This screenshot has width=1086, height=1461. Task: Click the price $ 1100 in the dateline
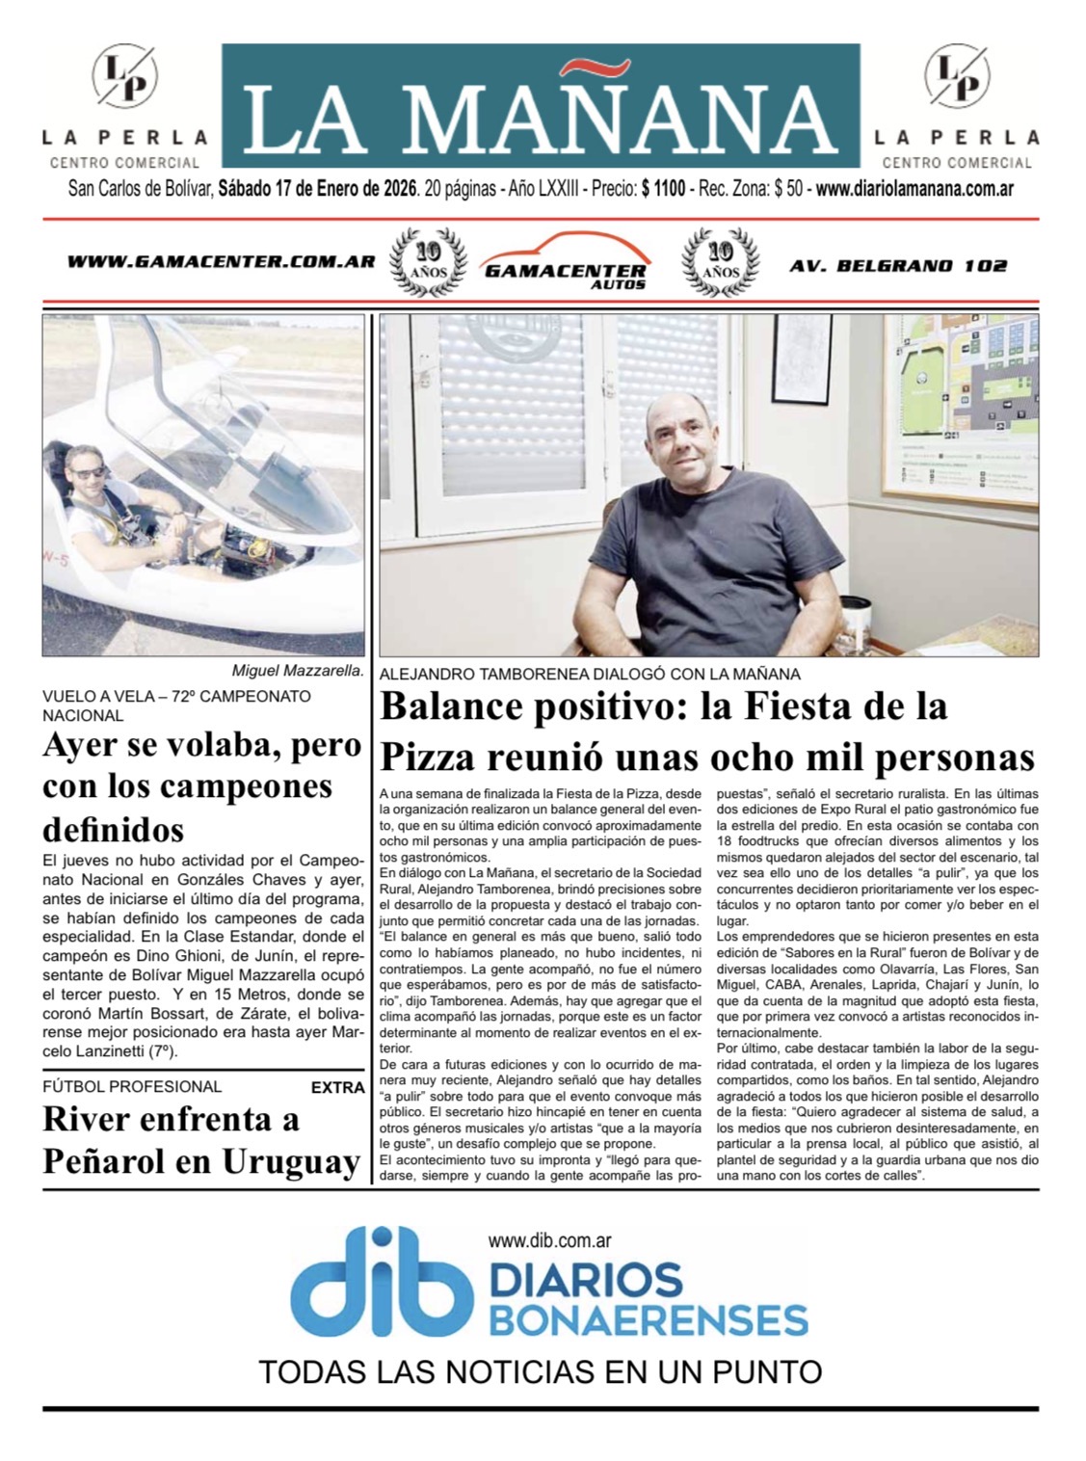pyautogui.click(x=663, y=190)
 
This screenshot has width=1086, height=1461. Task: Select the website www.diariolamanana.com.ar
pyautogui.click(x=914, y=190)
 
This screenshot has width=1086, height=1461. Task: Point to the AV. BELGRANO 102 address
pyautogui.click(x=897, y=265)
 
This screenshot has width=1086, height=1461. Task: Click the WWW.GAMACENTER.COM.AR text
pyautogui.click(x=221, y=262)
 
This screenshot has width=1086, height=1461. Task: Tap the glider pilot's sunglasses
pyautogui.click(x=92, y=472)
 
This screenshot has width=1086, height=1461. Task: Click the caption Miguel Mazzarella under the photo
pyautogui.click(x=297, y=672)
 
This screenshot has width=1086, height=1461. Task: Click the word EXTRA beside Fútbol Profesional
pyautogui.click(x=337, y=1087)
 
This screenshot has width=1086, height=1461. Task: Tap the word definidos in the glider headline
pyautogui.click(x=113, y=829)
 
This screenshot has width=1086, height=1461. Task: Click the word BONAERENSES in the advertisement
pyautogui.click(x=648, y=1317)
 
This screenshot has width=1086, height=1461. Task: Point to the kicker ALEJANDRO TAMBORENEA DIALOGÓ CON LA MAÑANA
pyautogui.click(x=590, y=675)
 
